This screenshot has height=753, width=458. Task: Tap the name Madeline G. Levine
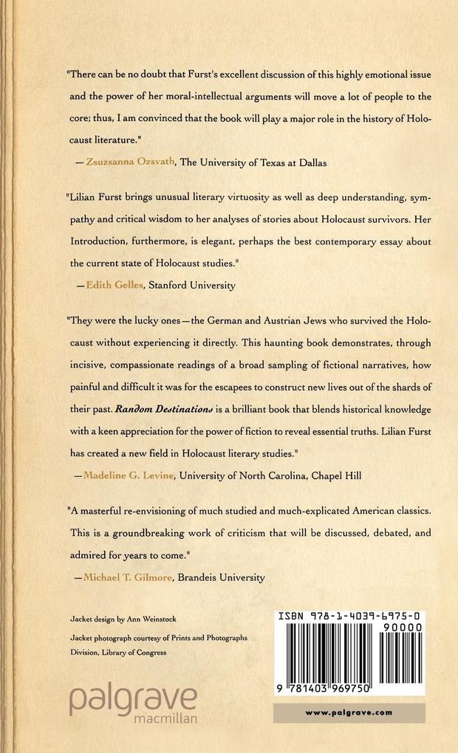point(132,477)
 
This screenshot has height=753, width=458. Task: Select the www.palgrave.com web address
point(349,713)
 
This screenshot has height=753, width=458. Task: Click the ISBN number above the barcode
point(349,614)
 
